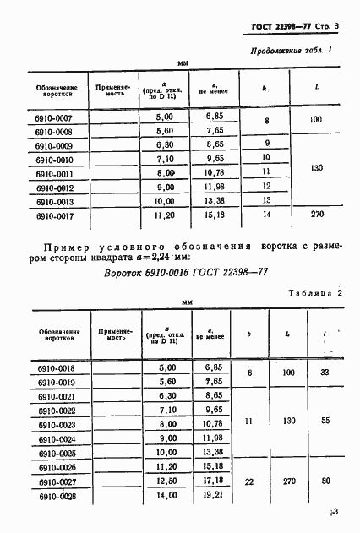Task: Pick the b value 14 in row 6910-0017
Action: pos(266,217)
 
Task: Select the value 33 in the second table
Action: pos(326,373)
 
